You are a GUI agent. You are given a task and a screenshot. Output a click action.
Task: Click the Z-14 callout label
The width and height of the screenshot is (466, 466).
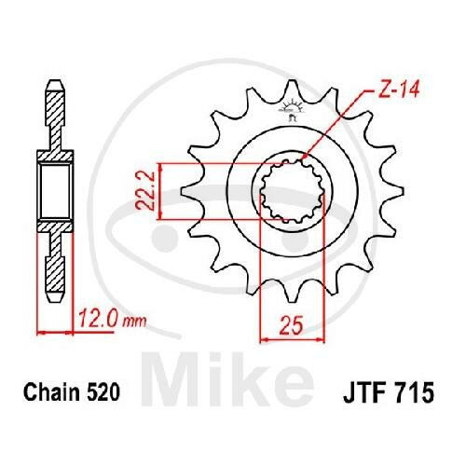[399, 89]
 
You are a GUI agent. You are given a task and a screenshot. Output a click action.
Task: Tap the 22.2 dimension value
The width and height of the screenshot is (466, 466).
[145, 191]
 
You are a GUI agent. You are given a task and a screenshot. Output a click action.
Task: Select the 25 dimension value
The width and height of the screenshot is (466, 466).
[291, 325]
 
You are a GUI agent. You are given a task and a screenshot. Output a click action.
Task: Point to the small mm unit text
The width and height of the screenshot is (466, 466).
[135, 322]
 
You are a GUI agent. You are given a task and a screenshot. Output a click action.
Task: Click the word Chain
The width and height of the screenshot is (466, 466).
[52, 392]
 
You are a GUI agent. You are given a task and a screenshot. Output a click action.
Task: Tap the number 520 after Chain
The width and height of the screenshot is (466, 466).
[103, 392]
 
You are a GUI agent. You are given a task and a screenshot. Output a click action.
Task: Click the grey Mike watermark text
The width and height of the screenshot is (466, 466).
[227, 379]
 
